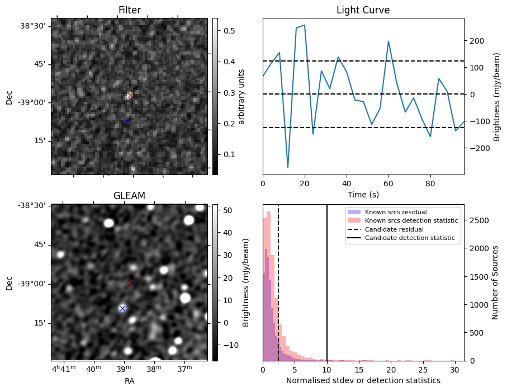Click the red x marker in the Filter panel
(130, 96)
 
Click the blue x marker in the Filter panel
(126, 121)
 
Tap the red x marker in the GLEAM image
(130, 283)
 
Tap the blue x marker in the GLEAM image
(122, 308)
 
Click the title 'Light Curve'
(363, 10)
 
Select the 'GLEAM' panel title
(129, 196)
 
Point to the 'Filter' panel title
(129, 10)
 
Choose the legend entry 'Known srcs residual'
(396, 212)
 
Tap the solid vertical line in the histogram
(327, 291)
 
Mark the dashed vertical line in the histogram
(278, 291)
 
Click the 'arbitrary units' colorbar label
(241, 96)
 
